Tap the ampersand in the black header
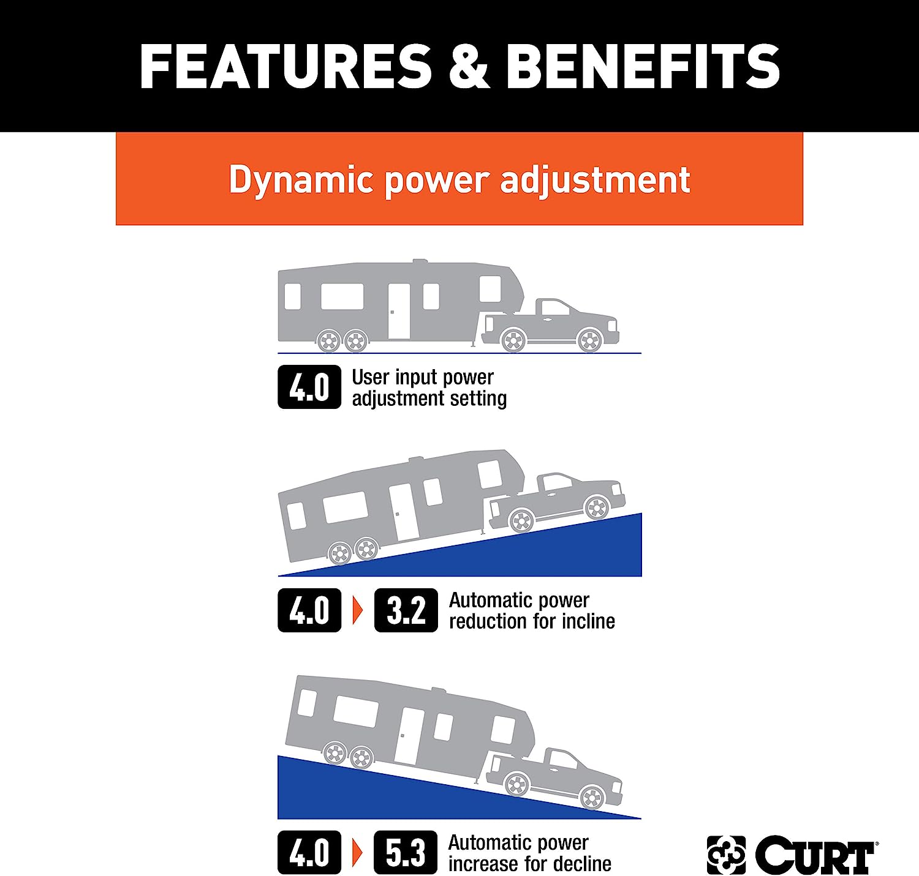(469, 66)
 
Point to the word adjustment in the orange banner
(595, 180)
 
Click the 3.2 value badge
(406, 610)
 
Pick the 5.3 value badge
(405, 852)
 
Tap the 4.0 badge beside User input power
(309, 387)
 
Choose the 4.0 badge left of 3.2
(309, 610)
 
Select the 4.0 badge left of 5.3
(309, 852)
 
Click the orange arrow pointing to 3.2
(358, 610)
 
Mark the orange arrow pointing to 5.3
(358, 852)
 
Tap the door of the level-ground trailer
(399, 311)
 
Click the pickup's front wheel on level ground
(589, 340)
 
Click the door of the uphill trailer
(404, 512)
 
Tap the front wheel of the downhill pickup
(592, 798)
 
